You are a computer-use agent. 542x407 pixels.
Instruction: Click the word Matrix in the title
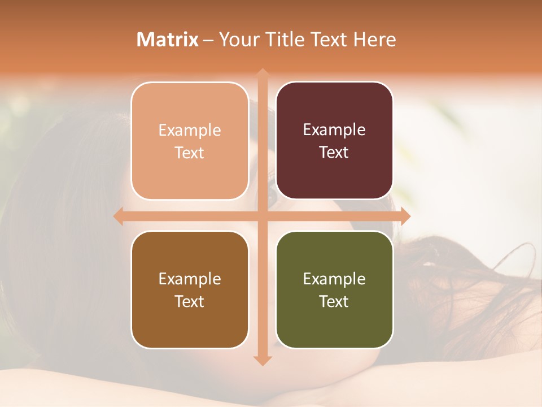(x=168, y=40)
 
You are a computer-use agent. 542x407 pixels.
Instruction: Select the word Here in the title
(x=374, y=40)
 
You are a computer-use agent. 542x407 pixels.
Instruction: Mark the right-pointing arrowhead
(x=405, y=217)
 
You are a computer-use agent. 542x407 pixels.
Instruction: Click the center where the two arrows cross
(x=262, y=217)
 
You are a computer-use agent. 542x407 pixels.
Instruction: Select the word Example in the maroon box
(x=334, y=130)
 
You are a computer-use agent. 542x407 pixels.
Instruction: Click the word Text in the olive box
(x=334, y=301)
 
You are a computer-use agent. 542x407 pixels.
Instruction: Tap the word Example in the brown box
(x=190, y=279)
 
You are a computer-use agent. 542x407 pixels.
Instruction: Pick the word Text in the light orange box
(x=190, y=153)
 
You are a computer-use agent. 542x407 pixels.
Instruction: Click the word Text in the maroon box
(x=334, y=152)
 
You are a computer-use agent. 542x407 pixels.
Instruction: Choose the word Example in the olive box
(x=334, y=279)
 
